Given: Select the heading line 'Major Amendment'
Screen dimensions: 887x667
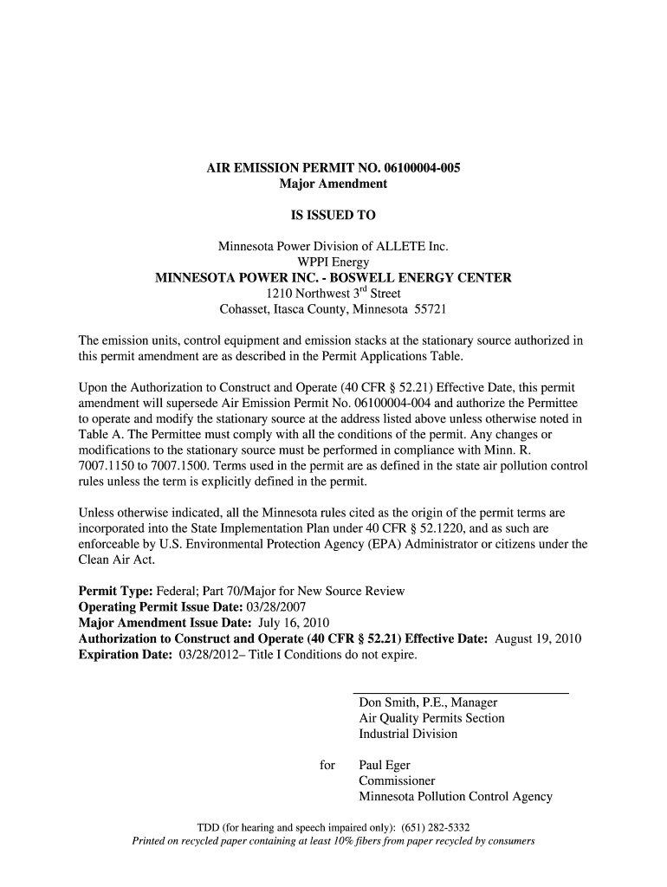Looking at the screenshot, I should point(333,184).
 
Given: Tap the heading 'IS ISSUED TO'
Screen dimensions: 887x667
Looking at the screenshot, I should point(333,215).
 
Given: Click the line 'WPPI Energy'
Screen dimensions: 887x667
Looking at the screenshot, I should point(333,262).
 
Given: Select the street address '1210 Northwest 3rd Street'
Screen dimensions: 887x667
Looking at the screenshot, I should point(333,294).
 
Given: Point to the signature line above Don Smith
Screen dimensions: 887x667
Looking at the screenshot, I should point(461,693).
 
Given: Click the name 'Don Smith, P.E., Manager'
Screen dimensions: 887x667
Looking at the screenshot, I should point(428,702).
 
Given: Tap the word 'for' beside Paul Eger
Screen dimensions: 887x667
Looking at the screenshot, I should point(327,766).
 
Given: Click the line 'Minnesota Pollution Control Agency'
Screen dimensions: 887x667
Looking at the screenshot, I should point(456,797).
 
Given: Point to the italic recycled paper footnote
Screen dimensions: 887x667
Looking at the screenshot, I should point(333,841).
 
